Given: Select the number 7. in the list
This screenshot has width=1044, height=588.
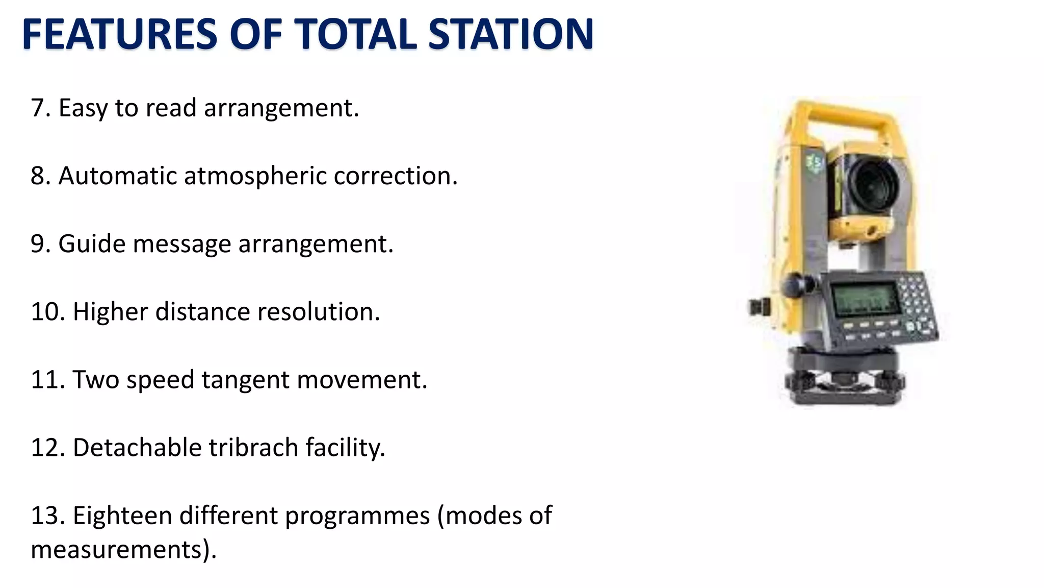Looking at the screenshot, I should pyautogui.click(x=40, y=108).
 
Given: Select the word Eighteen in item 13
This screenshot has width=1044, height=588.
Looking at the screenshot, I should pyautogui.click(x=122, y=516).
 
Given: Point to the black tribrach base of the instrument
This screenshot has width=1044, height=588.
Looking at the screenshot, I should pyautogui.click(x=844, y=383).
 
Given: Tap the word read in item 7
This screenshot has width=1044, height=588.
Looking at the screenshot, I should pyautogui.click(x=171, y=108).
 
